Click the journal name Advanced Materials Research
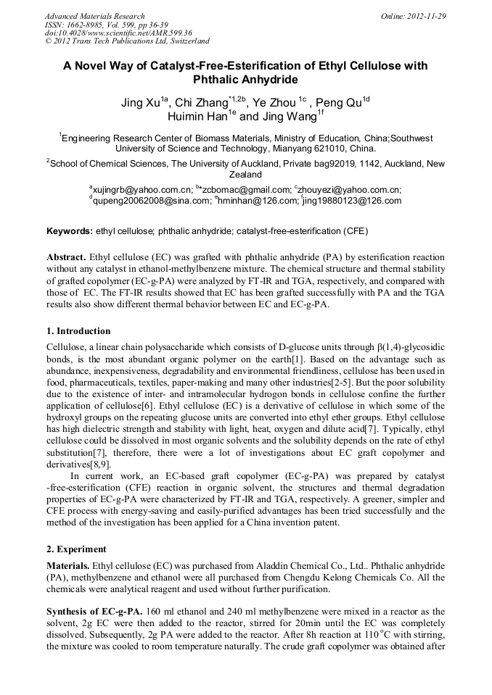coord(94,16)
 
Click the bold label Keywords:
coord(70,232)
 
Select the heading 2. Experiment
coord(76,549)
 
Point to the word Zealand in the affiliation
coord(245,175)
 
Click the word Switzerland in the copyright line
coord(186,41)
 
